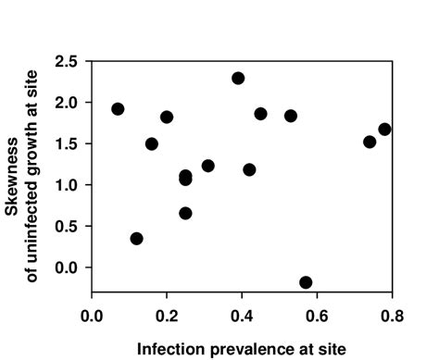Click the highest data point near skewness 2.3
(x=238, y=78)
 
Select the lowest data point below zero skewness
(x=306, y=282)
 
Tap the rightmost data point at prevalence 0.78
(x=384, y=130)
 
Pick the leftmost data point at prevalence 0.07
(x=118, y=108)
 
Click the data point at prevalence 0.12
(x=137, y=238)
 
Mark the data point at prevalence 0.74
(x=370, y=142)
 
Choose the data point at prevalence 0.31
(x=208, y=166)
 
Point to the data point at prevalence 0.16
(x=152, y=143)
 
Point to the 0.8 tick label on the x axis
(x=392, y=315)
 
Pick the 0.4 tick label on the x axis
(x=243, y=315)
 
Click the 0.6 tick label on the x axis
(x=317, y=315)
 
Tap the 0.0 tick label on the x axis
(x=93, y=315)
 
